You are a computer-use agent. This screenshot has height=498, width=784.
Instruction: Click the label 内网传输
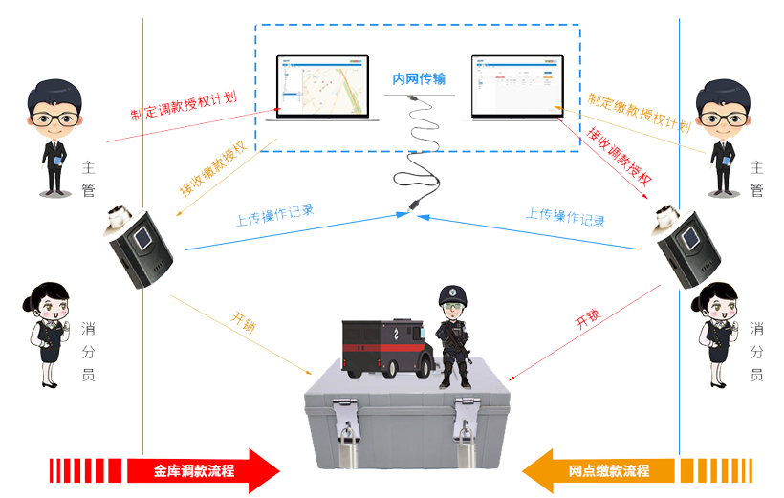click(419, 79)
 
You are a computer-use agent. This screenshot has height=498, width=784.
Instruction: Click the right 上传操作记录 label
click(565, 216)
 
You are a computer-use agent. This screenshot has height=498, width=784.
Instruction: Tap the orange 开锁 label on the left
click(244, 320)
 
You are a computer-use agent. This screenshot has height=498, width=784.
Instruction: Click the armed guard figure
click(454, 336)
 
